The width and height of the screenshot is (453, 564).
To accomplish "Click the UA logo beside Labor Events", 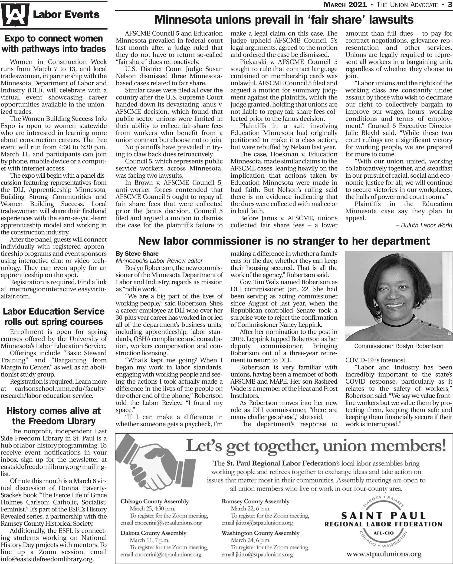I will (15, 15).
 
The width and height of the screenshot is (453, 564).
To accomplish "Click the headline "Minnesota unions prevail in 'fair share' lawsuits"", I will (284, 20).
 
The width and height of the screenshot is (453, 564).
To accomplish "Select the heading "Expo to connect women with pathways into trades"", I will (54, 44).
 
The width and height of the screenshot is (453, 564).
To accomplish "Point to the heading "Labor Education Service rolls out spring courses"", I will (54, 317).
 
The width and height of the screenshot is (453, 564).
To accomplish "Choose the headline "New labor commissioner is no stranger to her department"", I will (284, 241).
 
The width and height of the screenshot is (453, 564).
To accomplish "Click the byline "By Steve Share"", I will (137, 254).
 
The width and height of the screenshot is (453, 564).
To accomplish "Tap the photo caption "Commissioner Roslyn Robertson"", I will (399, 346).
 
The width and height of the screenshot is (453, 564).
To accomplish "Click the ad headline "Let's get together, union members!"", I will (315, 447).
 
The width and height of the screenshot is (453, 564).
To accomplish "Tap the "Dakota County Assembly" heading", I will (154, 533).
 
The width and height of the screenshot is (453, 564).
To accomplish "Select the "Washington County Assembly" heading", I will (260, 533).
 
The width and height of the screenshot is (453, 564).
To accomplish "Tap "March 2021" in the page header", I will (345, 5).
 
